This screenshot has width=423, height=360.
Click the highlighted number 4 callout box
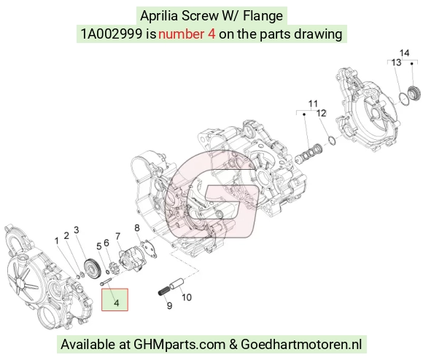click(x=115, y=300)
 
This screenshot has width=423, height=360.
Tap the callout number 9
click(x=169, y=306)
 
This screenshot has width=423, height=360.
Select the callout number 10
click(x=187, y=297)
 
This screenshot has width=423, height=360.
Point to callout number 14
click(x=404, y=52)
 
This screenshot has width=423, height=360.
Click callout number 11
click(x=313, y=103)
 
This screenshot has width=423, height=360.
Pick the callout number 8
click(x=137, y=228)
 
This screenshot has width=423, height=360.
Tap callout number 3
click(x=77, y=230)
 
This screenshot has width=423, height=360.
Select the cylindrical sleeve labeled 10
click(x=176, y=283)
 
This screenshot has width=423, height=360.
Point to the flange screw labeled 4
click(x=106, y=281)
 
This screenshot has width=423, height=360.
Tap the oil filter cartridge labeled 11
click(x=308, y=153)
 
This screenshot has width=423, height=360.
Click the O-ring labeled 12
click(x=332, y=141)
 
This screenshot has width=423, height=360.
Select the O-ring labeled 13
click(x=404, y=99)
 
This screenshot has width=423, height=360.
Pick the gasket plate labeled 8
click(x=149, y=249)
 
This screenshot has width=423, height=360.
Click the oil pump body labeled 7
click(x=130, y=260)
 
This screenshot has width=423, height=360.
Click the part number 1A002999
click(x=112, y=34)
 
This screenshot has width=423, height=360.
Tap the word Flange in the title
click(x=263, y=16)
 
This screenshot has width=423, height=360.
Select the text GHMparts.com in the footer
click(x=179, y=345)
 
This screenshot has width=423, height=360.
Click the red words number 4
click(x=187, y=34)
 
